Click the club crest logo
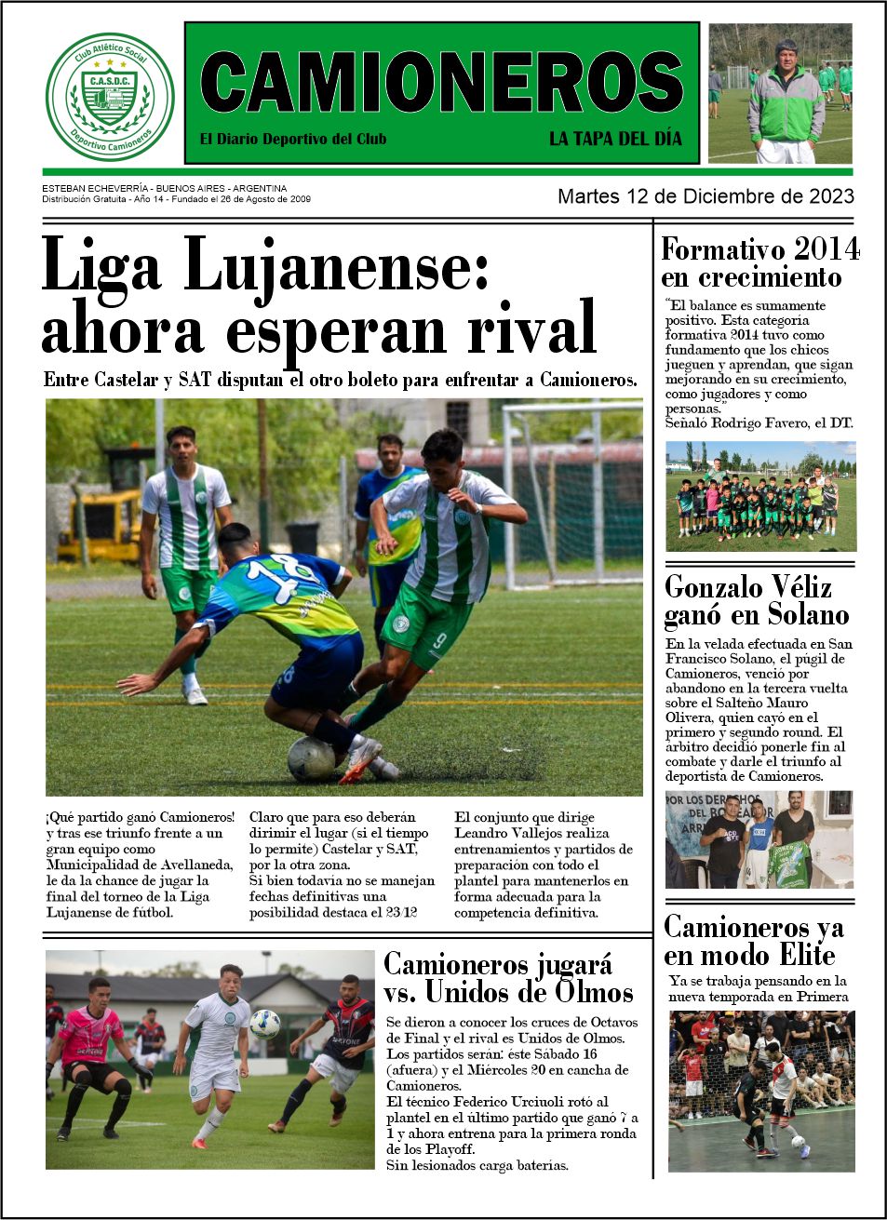click(110, 96)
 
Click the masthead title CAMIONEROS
click(441, 83)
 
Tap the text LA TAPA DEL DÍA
click(615, 139)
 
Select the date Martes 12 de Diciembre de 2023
click(706, 196)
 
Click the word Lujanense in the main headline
click(336, 267)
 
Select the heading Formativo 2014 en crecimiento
click(759, 263)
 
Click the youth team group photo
click(759, 497)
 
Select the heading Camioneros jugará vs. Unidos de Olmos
click(508, 977)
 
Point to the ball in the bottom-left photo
click(264, 1024)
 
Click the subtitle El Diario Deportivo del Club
click(293, 139)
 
